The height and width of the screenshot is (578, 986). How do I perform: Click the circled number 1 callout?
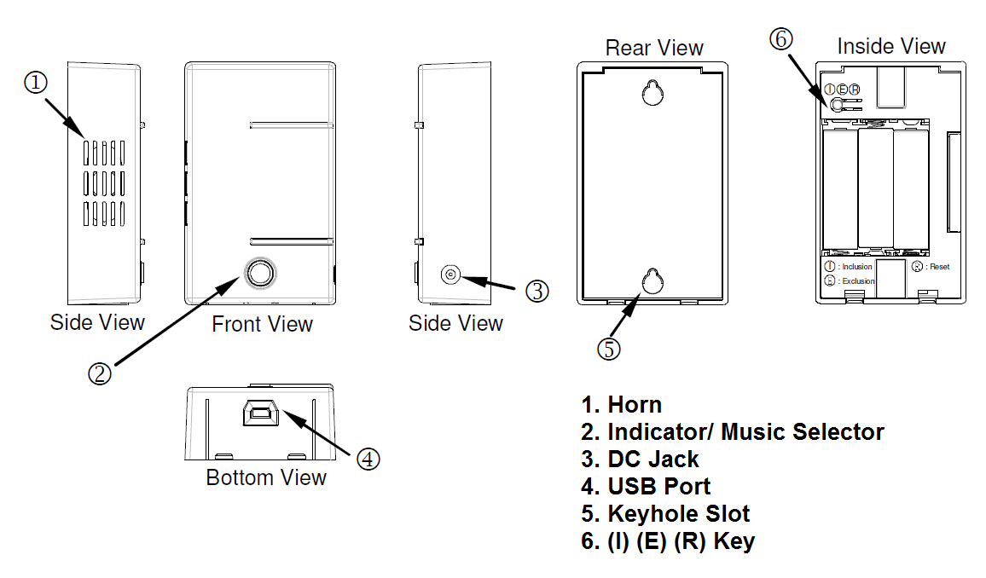coord(35,83)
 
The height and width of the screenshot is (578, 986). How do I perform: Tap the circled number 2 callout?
coord(100,373)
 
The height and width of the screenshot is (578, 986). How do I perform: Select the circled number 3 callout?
coord(536,291)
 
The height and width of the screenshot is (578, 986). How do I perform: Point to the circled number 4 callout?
coord(368,458)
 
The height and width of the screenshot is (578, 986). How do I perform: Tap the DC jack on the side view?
coord(450,275)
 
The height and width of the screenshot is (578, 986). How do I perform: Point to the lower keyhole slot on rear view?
coord(653,282)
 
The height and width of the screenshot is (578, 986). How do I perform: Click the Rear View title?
coord(654,48)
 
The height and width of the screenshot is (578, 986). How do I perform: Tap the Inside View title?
coord(891,46)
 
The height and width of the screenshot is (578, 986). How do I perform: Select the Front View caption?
coord(262,324)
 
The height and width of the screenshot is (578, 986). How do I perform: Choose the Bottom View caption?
coord(266,477)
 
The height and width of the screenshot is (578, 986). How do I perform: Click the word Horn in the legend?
coord(635,404)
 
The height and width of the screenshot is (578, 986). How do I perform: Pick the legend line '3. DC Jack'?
coord(640,459)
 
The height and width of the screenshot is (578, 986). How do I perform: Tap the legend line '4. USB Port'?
coord(646,486)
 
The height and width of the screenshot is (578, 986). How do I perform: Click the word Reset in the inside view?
coord(939,267)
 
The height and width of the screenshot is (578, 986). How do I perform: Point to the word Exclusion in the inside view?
coord(858,280)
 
